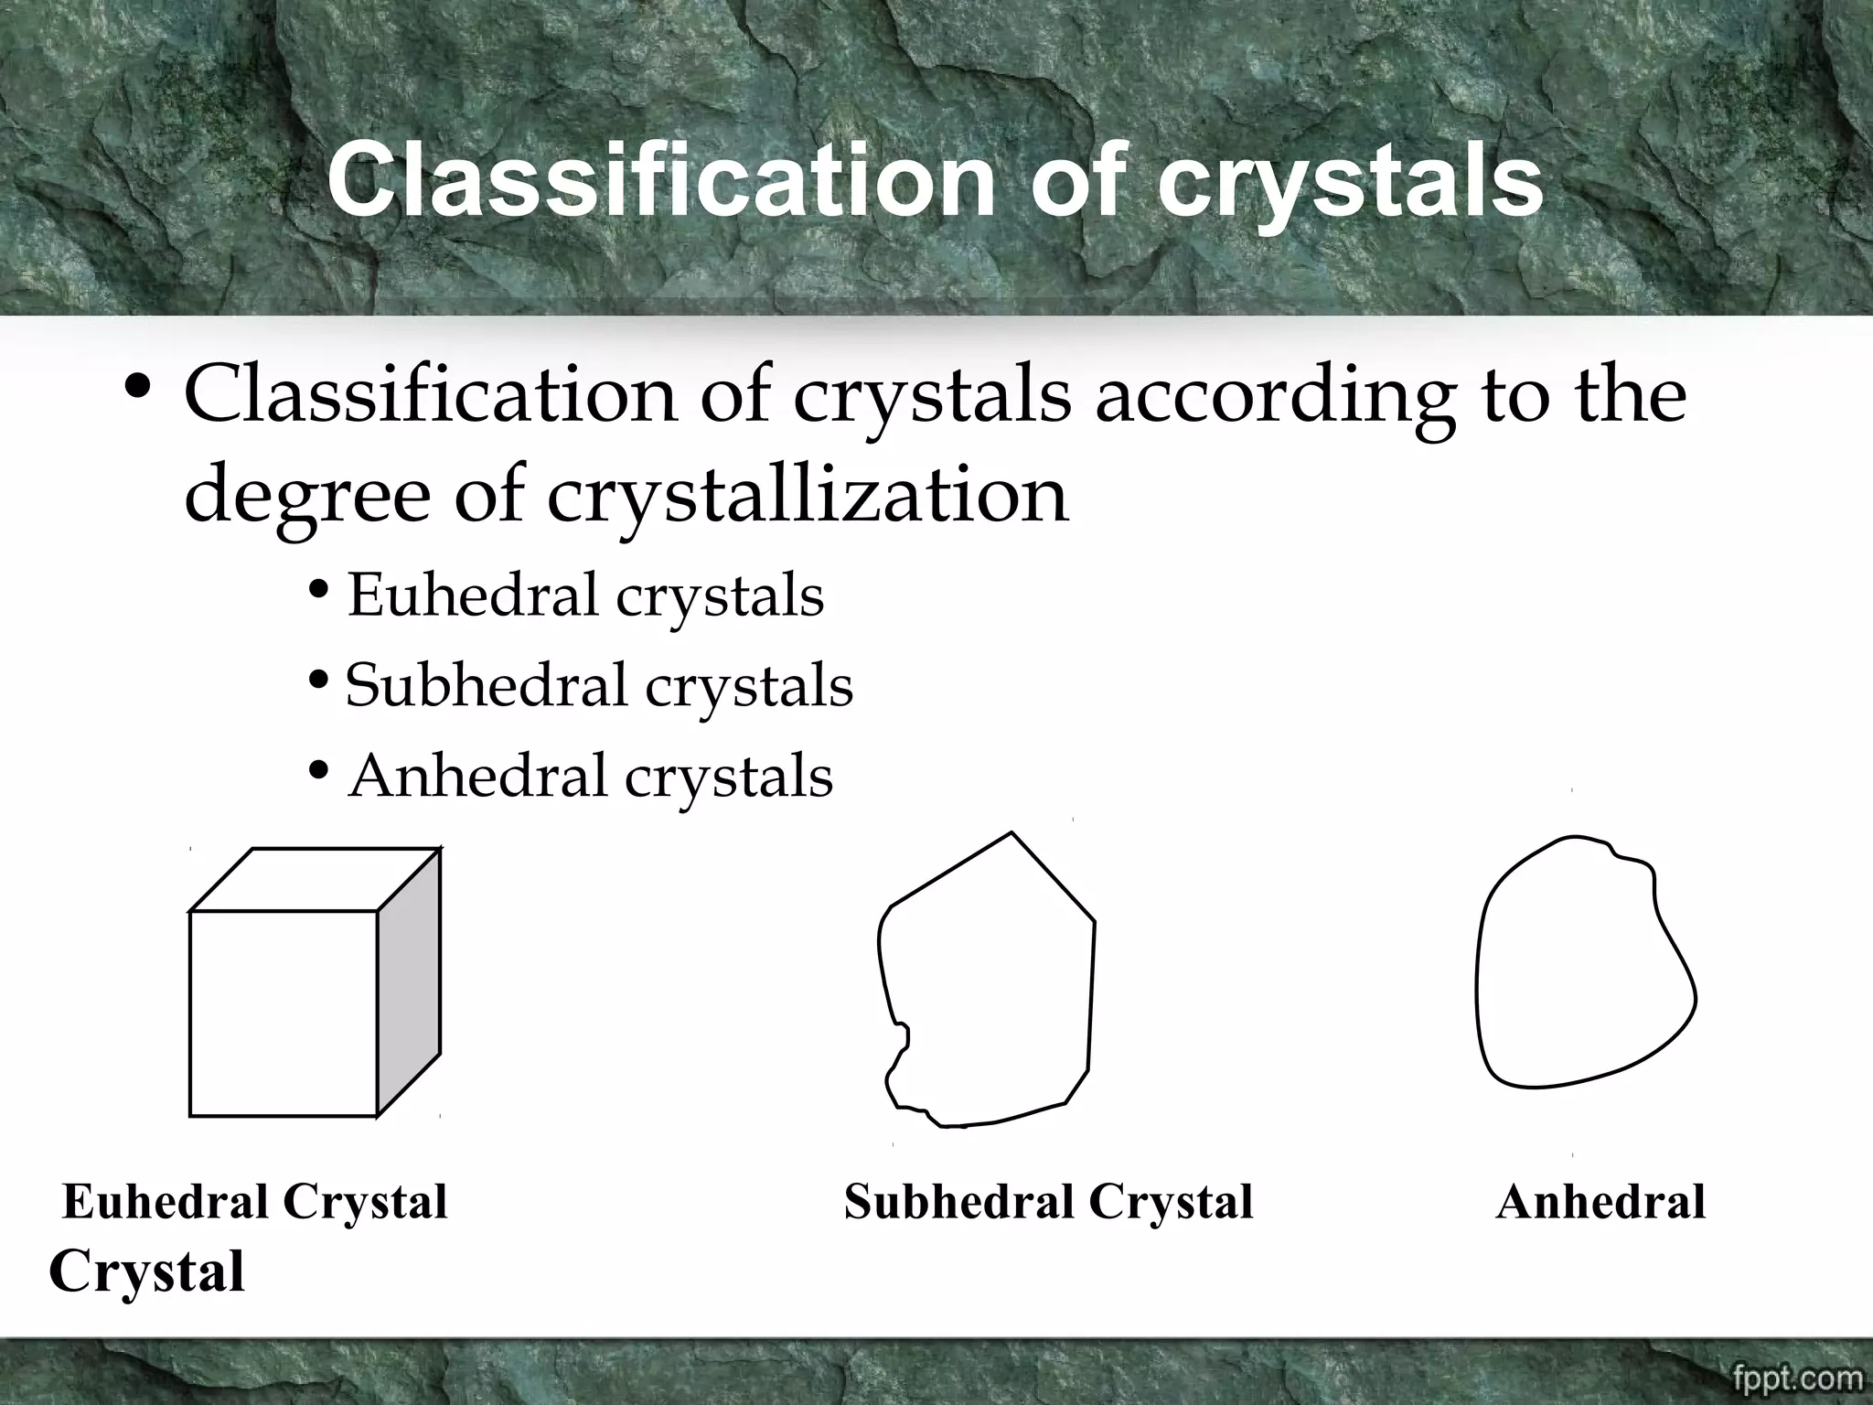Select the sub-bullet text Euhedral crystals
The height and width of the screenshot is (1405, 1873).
(x=585, y=595)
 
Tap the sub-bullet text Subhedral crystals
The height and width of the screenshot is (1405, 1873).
(x=599, y=686)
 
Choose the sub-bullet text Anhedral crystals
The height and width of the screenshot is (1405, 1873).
(x=590, y=777)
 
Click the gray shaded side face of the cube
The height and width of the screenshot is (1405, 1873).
(x=409, y=983)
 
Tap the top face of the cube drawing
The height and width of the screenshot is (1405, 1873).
(x=316, y=880)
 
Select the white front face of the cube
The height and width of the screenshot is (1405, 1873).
(x=284, y=1014)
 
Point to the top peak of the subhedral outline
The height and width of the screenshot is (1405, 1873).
(x=1011, y=834)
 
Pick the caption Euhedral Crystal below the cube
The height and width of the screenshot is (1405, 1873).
(x=254, y=1202)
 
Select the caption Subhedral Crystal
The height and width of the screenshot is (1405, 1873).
(x=1048, y=1202)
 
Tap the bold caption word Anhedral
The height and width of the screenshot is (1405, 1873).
(x=1600, y=1202)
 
